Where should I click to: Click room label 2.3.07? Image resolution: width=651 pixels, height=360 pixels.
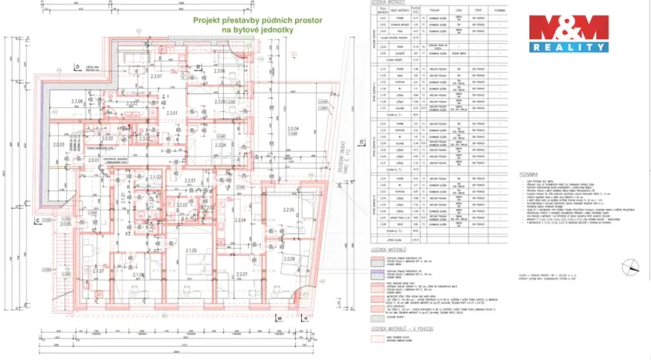click(x=156, y=77)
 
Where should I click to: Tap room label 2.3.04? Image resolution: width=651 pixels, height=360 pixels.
click(x=220, y=146)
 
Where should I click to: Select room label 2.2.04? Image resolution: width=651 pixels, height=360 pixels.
click(x=241, y=221)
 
